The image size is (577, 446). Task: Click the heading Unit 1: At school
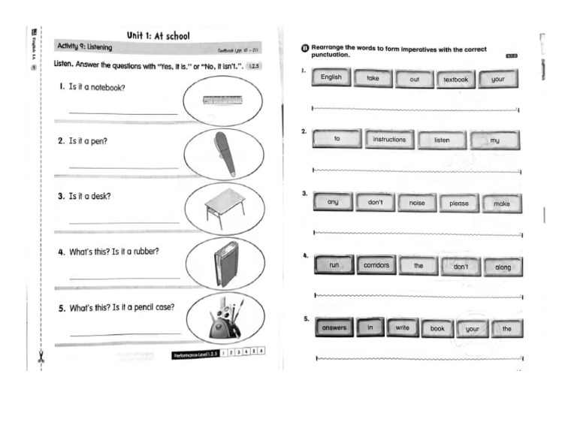158,35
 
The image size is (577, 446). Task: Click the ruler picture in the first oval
222,100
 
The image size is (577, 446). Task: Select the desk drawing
225,206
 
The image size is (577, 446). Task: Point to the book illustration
225,263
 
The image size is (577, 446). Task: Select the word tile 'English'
331,78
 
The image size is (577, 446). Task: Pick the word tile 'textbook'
455,79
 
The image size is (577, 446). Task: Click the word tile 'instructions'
389,140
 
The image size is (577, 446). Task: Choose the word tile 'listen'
442,140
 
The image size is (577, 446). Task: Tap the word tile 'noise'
417,203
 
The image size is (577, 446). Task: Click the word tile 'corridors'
376,265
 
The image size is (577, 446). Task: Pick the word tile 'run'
334,265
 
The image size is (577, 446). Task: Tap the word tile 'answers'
334,328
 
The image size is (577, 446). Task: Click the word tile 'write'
403,328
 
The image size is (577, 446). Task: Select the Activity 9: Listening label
85,47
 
